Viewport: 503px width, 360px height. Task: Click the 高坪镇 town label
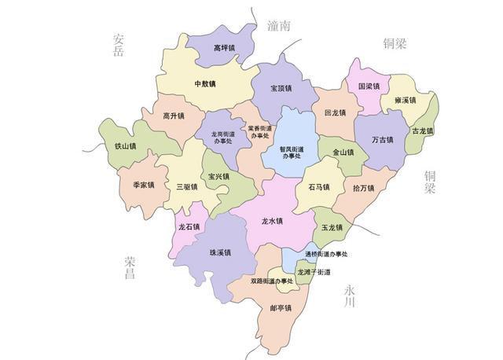point(225,48)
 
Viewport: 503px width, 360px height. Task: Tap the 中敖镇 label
point(206,83)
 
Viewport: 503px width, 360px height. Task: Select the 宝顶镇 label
point(283,88)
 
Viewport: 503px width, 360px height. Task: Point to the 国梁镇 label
point(369,86)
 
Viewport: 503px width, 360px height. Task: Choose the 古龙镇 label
point(420,131)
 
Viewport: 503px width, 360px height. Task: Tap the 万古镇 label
point(383,141)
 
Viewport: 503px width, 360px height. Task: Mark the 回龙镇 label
point(336,112)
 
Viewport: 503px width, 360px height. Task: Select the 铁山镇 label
point(125,145)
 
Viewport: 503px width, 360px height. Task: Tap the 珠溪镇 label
point(220,252)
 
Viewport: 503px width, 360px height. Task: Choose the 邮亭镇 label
point(281,307)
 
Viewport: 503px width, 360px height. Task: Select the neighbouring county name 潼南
point(278,25)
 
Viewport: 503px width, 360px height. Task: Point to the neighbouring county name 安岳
point(119,45)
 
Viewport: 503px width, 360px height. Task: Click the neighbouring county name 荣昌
point(130,268)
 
